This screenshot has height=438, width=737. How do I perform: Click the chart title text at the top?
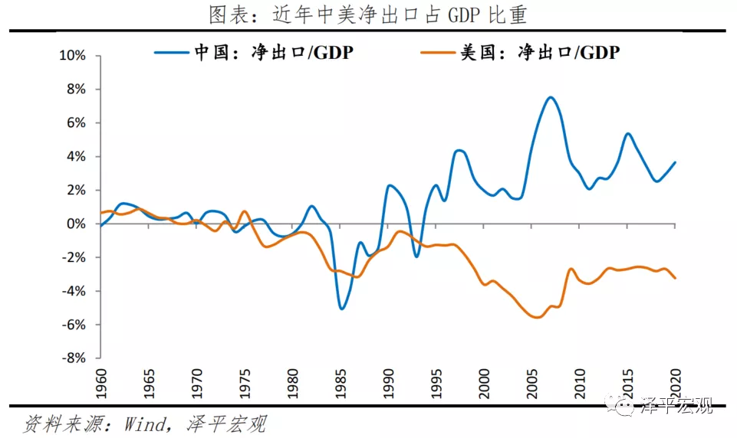(x=368, y=15)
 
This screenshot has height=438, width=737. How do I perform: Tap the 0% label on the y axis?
(x=79, y=224)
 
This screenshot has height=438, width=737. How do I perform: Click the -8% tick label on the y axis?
(x=77, y=358)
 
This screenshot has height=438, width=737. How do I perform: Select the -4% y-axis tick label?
(x=77, y=292)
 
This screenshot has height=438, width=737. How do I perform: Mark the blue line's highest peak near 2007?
(x=551, y=97)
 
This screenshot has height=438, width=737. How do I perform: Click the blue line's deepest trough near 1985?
(x=341, y=309)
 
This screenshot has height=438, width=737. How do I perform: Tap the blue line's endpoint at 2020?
(x=675, y=162)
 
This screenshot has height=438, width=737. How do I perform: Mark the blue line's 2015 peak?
(x=627, y=134)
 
